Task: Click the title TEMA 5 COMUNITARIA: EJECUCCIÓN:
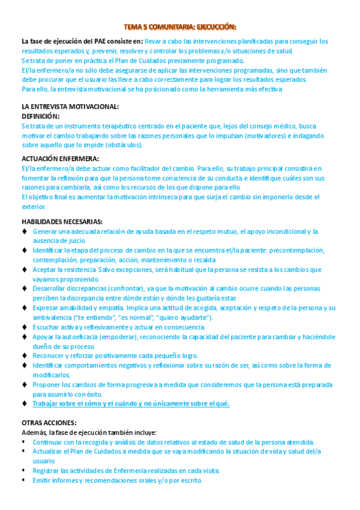pos(180,26)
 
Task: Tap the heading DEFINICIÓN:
pos(40,116)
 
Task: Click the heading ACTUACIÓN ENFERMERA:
pos(60,159)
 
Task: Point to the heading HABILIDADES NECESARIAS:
pos(62,221)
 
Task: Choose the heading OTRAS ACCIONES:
pos(49,422)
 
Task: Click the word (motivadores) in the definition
pos(269,135)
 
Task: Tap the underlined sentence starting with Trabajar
pos(131,404)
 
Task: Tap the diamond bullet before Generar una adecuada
pos(24,231)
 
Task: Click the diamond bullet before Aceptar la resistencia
pos(24,269)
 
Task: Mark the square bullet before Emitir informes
pos(24,481)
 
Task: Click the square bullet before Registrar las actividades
pos(24,470)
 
